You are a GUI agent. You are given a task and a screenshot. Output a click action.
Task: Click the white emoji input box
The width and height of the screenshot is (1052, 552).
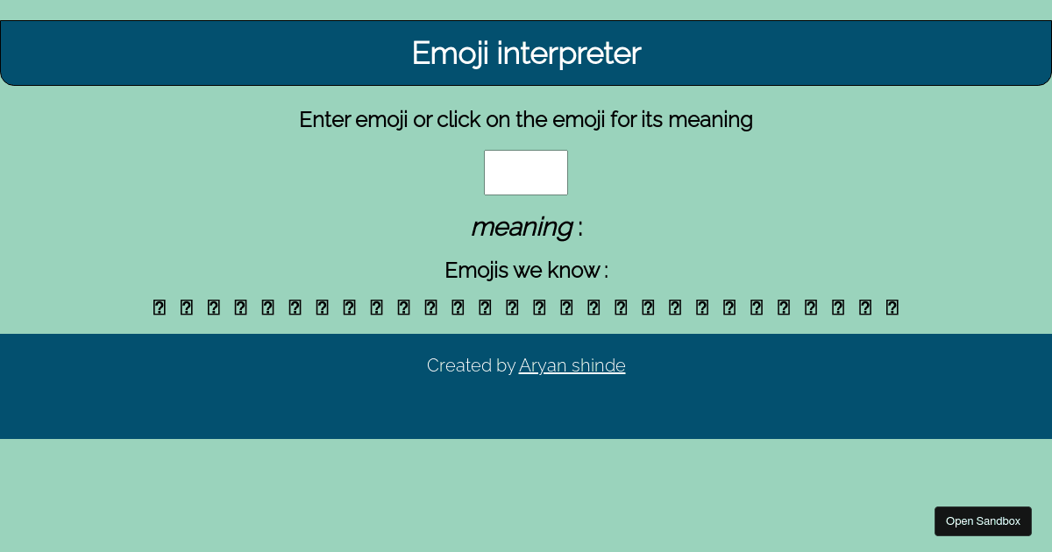pos(526,173)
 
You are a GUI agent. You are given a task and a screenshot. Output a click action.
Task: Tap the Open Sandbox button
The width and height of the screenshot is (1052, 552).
pos(983,521)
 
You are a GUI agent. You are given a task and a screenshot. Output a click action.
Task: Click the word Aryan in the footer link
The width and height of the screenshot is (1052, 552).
pos(542,365)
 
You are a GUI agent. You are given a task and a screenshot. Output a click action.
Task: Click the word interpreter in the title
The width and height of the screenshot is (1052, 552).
pos(569,53)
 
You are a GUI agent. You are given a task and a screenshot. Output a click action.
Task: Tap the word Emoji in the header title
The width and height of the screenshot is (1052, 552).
pos(451,53)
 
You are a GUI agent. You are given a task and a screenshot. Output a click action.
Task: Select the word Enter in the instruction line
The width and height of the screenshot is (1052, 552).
pos(324,119)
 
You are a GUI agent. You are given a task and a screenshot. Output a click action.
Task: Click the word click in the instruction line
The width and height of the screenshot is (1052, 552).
pos(458,119)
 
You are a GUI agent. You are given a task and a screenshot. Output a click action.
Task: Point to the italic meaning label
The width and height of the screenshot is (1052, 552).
pos(521,227)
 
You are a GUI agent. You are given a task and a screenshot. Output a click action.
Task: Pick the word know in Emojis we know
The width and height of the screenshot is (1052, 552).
pos(573,270)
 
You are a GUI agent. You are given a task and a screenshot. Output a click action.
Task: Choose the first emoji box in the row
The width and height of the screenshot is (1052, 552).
pos(160,308)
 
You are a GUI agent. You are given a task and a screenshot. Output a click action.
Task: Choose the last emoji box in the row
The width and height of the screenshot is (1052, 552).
pos(892,308)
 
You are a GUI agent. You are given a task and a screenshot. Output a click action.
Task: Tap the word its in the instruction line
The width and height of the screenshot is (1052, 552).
pos(652,119)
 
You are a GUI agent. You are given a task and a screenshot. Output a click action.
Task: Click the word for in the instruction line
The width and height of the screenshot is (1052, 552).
pos(623,119)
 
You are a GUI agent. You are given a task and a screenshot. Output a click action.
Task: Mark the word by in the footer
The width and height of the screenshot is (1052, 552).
pos(506,365)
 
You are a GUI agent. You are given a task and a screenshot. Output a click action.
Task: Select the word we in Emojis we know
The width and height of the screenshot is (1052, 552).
pos(530,270)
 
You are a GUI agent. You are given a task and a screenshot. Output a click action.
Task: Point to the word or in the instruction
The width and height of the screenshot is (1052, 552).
pos(422,119)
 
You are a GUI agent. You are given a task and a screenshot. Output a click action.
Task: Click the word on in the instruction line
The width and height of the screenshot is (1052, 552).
pos(498,119)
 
